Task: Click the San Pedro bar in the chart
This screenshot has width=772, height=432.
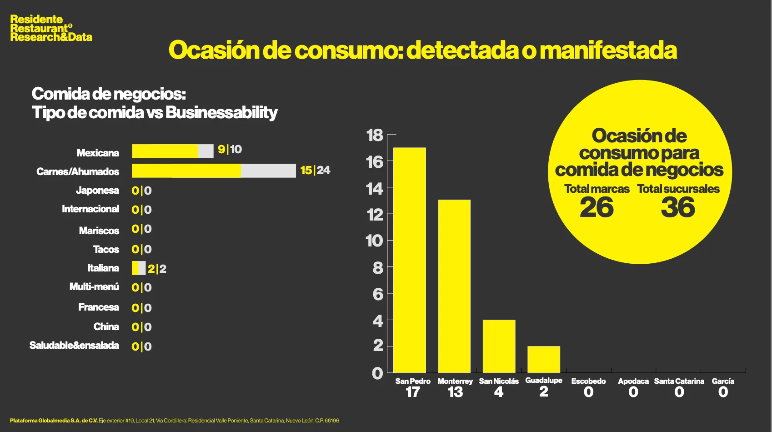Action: click(x=410, y=260)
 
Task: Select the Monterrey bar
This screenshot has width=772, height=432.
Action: click(x=454, y=286)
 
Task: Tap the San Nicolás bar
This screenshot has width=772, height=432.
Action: click(x=499, y=346)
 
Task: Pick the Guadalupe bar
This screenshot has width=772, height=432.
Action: click(x=544, y=359)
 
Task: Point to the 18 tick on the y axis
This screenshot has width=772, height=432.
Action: click(x=375, y=135)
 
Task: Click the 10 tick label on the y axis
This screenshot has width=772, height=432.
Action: click(x=375, y=241)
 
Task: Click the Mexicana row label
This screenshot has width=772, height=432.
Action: click(x=98, y=153)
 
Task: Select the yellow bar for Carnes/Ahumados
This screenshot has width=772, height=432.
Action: click(x=186, y=171)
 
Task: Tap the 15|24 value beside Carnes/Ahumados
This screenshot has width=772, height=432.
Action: click(x=315, y=171)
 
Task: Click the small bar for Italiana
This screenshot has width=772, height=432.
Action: click(x=139, y=268)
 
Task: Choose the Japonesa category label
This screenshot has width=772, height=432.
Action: click(x=97, y=190)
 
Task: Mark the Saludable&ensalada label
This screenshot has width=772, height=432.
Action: click(x=74, y=346)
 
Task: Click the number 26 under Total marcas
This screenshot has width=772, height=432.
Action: click(x=597, y=208)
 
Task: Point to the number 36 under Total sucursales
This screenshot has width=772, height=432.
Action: click(x=678, y=208)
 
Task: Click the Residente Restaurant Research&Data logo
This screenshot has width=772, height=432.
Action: click(x=51, y=28)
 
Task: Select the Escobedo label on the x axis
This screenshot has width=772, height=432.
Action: click(x=588, y=381)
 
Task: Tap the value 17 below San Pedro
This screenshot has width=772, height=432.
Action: click(x=412, y=392)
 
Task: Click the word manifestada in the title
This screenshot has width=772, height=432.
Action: click(x=608, y=50)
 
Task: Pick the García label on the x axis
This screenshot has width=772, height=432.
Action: click(x=723, y=381)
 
